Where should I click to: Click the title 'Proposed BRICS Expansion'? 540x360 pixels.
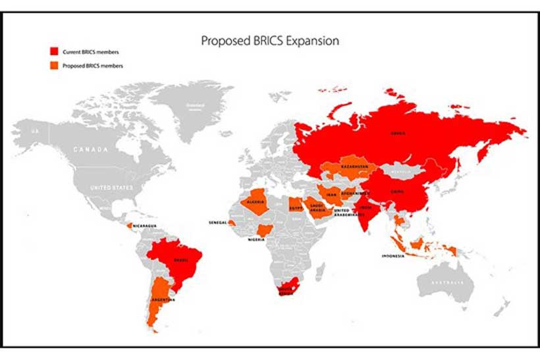point(270,41)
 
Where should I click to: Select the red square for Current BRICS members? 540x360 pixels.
point(54,52)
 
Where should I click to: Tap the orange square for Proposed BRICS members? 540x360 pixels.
point(54,66)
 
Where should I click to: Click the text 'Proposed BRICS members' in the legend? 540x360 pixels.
point(92,66)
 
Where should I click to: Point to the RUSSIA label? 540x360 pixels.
point(398,133)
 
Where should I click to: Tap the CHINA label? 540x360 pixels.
point(398,192)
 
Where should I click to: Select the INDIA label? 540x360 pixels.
point(366,207)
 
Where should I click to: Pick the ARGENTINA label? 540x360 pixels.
point(163,300)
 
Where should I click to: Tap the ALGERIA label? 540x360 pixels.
point(256,201)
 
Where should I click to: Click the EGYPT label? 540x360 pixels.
point(296,208)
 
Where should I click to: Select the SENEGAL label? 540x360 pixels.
point(218,222)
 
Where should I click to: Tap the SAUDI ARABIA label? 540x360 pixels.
point(317,208)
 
